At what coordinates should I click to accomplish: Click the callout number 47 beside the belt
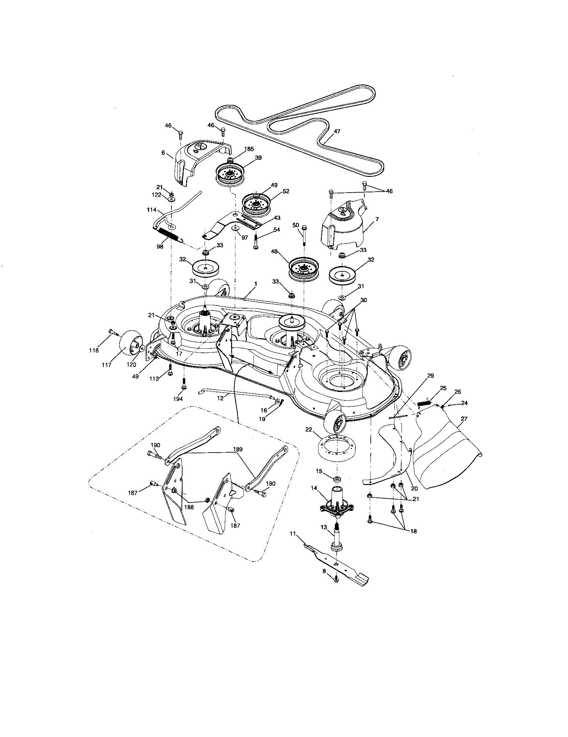coord(337,132)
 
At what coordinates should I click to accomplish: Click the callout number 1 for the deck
coord(255,284)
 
